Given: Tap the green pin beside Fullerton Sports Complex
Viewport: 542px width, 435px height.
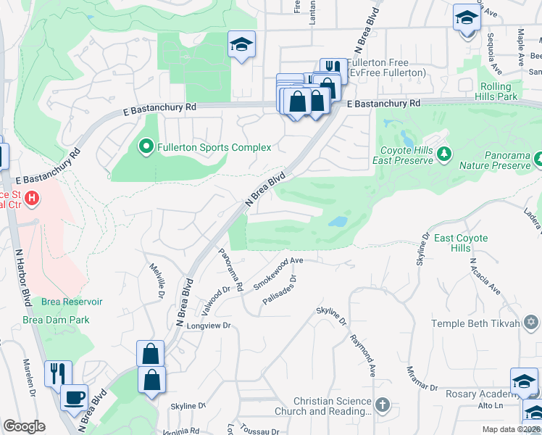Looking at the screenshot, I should pyautogui.click(x=146, y=147).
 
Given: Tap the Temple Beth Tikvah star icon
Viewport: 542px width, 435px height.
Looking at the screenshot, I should pyautogui.click(x=531, y=322).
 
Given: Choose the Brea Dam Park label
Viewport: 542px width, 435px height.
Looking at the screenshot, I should pyautogui.click(x=56, y=319).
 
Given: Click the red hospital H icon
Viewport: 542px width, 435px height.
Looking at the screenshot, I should pyautogui.click(x=31, y=197).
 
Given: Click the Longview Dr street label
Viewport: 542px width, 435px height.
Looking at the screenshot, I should pyautogui.click(x=209, y=326).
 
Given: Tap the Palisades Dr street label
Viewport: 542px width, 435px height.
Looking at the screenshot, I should pyautogui.click(x=280, y=290).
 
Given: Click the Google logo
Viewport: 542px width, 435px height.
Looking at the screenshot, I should pyautogui.click(x=24, y=427).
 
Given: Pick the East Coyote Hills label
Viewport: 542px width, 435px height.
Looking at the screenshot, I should pyautogui.click(x=463, y=243).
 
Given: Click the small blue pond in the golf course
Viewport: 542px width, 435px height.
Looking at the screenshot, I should pyautogui.click(x=337, y=221).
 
